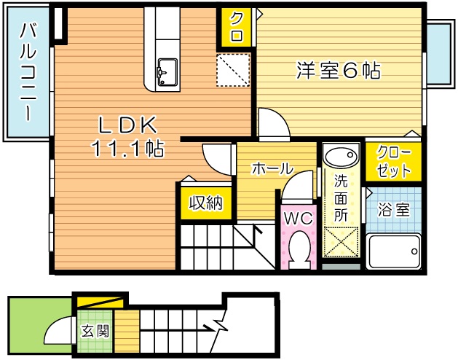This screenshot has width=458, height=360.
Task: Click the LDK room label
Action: (x=127, y=125)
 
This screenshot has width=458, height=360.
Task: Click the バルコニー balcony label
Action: (x=27, y=72)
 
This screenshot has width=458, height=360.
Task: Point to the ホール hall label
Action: (x=272, y=168)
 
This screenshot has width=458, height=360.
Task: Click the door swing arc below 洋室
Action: (x=273, y=124)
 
